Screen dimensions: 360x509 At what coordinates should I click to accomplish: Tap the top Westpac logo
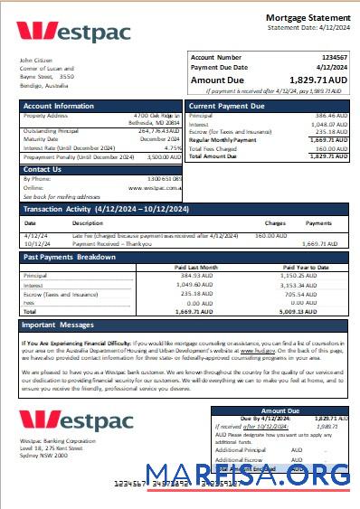[73, 33]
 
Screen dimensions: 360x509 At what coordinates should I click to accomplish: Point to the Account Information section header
[59, 106]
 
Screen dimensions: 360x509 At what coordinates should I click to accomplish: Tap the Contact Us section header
[43, 169]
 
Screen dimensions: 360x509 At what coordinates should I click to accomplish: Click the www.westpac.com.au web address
[156, 187]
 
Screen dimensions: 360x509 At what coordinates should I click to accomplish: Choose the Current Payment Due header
[227, 106]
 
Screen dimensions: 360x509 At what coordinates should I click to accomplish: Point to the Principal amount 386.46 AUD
[328, 117]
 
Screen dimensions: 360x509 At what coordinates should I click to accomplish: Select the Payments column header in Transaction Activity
[317, 222]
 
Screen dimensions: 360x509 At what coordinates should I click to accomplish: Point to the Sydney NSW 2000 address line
[43, 457]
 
